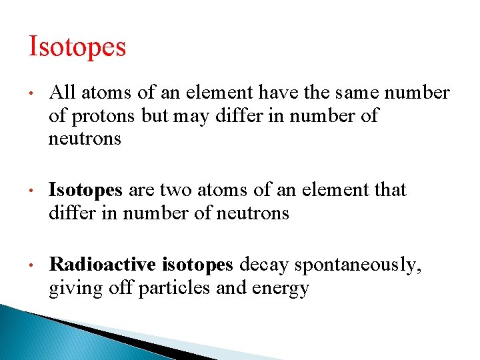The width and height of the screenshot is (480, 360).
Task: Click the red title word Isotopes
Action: (x=77, y=47)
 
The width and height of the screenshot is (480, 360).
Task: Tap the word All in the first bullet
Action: (x=61, y=93)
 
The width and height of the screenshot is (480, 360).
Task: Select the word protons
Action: (x=105, y=116)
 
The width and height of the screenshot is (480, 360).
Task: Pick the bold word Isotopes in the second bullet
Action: (x=85, y=191)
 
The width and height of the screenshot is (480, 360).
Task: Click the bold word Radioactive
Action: (x=102, y=265)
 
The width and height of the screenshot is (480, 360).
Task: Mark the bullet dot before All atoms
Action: (x=32, y=93)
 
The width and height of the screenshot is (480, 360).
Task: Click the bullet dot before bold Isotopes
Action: (x=32, y=191)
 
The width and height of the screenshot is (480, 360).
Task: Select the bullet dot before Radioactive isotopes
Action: (x=32, y=265)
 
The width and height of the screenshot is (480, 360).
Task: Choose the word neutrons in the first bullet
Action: (x=85, y=139)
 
